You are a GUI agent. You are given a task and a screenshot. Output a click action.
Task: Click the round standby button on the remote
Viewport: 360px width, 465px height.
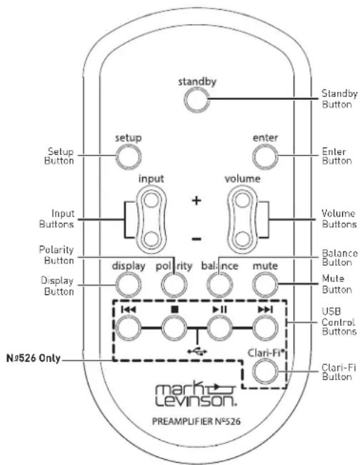[194, 100]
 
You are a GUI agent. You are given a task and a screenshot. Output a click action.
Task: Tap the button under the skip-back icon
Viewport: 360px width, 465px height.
[128, 327]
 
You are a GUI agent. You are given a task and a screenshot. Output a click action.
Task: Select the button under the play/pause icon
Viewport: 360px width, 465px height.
[219, 327]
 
